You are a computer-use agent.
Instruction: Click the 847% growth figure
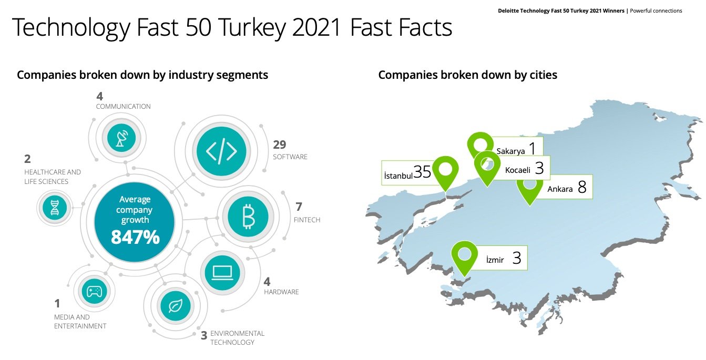[x=135, y=237]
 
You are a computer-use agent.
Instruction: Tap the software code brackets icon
[x=221, y=151]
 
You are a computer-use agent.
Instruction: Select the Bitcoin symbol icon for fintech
[x=248, y=217]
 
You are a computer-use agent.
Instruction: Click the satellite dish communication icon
[x=121, y=138]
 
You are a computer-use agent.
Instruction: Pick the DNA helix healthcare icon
[x=55, y=208]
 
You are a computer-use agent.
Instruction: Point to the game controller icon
[x=94, y=292]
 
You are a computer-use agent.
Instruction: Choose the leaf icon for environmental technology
[x=176, y=305]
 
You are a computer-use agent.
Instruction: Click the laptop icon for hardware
[x=222, y=273]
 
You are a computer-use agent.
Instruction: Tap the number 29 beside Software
[x=280, y=145]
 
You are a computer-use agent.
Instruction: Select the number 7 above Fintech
[x=299, y=207]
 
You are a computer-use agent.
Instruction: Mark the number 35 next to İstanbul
[x=422, y=172]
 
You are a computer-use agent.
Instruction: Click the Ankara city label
[x=560, y=189]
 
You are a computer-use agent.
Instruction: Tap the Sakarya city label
[x=510, y=151]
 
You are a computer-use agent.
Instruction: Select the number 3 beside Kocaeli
[x=539, y=168]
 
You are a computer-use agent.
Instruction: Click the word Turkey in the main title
[x=252, y=28]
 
